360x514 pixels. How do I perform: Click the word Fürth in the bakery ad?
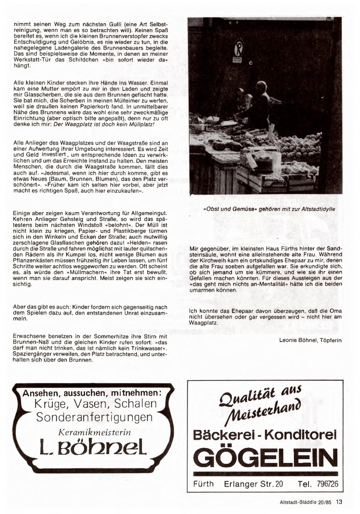[x=203, y=484]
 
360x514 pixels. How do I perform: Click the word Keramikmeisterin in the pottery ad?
[x=95, y=432]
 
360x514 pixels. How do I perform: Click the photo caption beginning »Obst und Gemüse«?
[x=269, y=209]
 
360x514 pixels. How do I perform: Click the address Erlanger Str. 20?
[x=253, y=484]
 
